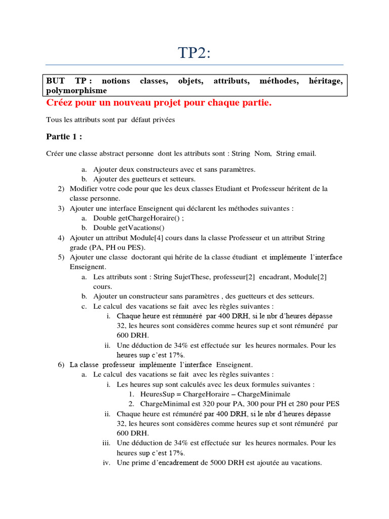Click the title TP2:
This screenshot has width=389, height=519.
194,52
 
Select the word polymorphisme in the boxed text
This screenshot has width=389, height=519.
76,90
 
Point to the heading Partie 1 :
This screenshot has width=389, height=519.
64,136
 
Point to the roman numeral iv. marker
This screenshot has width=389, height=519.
106,462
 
